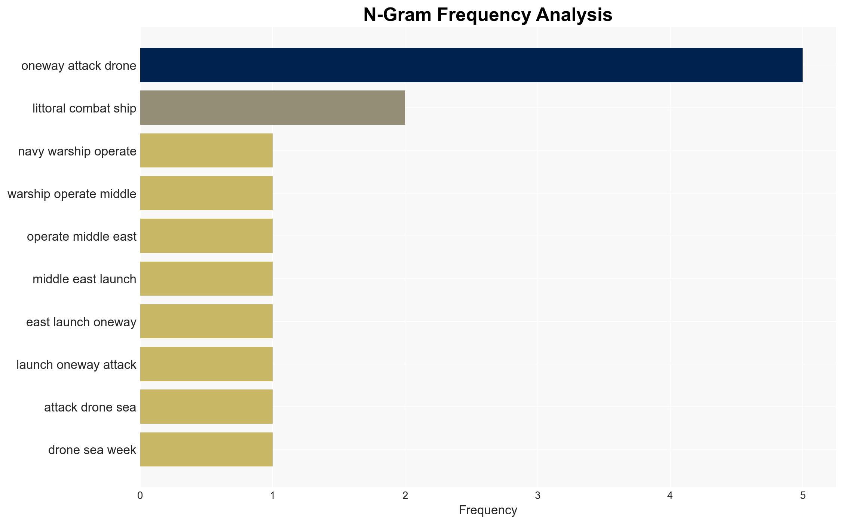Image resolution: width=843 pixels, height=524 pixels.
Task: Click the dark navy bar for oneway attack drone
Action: tap(471, 65)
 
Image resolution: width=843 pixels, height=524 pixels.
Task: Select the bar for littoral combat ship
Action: tap(273, 108)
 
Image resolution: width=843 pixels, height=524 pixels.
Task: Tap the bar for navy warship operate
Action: tap(206, 151)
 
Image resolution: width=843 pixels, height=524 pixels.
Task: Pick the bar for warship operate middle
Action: tap(206, 193)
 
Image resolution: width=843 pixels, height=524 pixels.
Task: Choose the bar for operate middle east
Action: tap(206, 236)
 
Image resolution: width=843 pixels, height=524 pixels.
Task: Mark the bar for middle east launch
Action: tap(206, 279)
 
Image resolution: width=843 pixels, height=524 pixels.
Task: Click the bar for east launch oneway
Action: tap(206, 321)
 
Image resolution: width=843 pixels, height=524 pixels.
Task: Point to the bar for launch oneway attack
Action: tap(206, 364)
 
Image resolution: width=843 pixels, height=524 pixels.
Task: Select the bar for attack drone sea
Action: tap(206, 407)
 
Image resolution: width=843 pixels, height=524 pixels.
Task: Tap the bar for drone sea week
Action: tap(206, 450)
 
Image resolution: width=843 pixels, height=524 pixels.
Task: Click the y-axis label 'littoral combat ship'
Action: tap(85, 108)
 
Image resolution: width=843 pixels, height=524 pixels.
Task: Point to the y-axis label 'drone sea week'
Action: tap(92, 450)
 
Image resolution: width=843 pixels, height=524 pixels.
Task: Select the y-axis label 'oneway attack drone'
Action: tap(79, 66)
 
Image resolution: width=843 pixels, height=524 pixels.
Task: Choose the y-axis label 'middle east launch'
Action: tap(85, 279)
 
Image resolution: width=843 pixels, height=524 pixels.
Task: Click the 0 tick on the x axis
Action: tap(140, 496)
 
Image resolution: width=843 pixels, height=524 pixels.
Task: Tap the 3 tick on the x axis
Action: tap(537, 496)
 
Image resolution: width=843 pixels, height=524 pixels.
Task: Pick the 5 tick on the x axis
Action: tap(803, 496)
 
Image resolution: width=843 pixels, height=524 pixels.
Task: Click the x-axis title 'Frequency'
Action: tap(488, 510)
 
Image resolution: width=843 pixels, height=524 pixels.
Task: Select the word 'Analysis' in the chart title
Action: tap(574, 15)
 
